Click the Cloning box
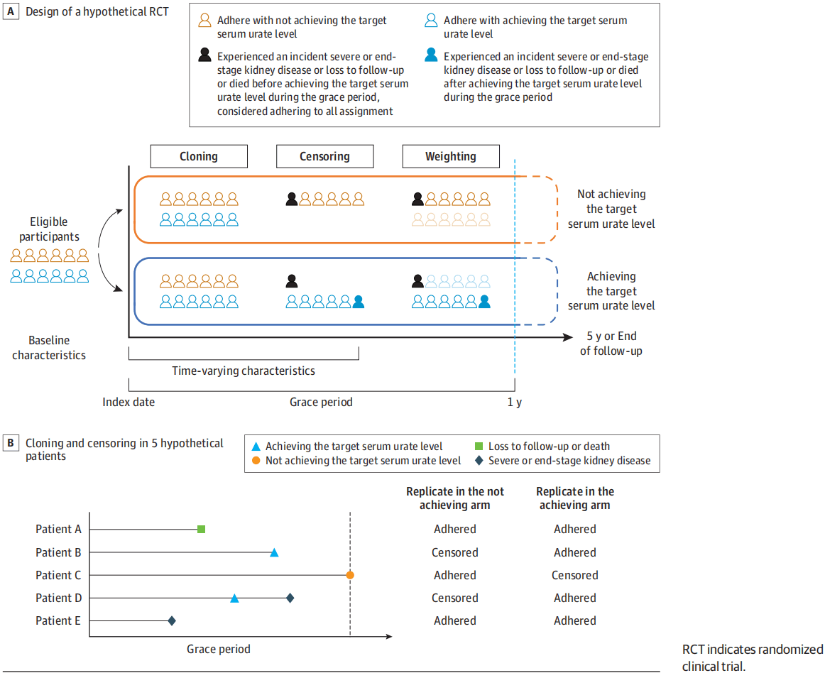pyautogui.click(x=199, y=156)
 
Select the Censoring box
pyautogui.click(x=324, y=156)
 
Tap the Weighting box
pyautogui.click(x=451, y=156)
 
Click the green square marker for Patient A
pyautogui.click(x=201, y=529)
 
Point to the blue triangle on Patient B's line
pyautogui.click(x=274, y=552)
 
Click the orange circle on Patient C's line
pyautogui.click(x=350, y=575)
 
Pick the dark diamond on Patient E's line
pyautogui.click(x=172, y=621)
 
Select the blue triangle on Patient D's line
pyautogui.click(x=235, y=598)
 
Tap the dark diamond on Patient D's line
pyautogui.click(x=290, y=598)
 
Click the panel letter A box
pyautogui.click(x=11, y=11)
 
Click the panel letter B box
pyautogui.click(x=11, y=442)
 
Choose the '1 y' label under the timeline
pyautogui.click(x=515, y=402)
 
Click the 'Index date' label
pyautogui.click(x=129, y=402)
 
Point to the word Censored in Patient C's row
pyautogui.click(x=574, y=575)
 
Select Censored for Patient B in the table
pyautogui.click(x=455, y=552)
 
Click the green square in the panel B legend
pyautogui.click(x=479, y=447)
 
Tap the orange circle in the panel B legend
pyautogui.click(x=256, y=461)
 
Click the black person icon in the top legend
pyautogui.click(x=204, y=55)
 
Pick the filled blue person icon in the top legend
pyautogui.click(x=431, y=55)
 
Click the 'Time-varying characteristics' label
pyautogui.click(x=244, y=371)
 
